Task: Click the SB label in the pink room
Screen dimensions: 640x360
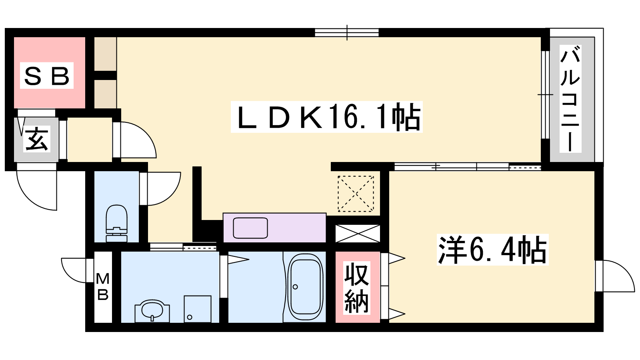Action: point(47,76)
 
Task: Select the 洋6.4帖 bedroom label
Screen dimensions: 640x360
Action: point(492,250)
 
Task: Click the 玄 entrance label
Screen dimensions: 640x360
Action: point(36,139)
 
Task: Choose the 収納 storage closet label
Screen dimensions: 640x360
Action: point(356,288)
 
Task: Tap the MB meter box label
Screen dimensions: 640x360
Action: point(102,286)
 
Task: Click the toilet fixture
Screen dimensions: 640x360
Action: point(116,224)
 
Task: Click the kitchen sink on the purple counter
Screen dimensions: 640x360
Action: point(250,228)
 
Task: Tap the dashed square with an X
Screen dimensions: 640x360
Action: point(356,194)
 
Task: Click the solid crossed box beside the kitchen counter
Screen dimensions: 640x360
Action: point(358,234)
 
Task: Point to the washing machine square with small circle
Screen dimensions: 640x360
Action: point(198,309)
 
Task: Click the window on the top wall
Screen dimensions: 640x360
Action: point(346,32)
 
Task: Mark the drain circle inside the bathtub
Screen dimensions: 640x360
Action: point(296,287)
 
